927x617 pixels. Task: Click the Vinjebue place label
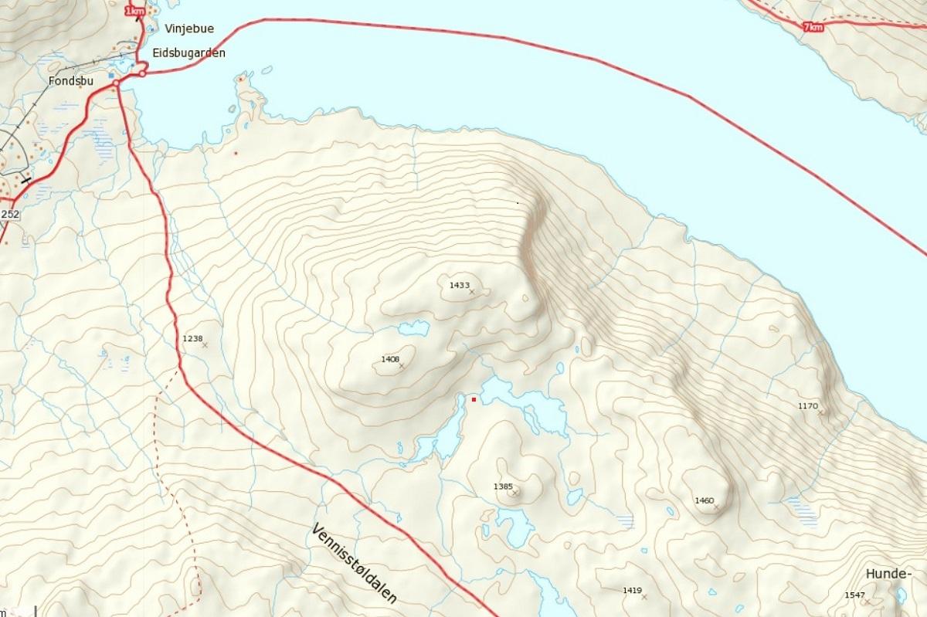click(189, 29)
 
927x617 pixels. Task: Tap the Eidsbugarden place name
click(189, 53)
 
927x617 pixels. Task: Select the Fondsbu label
click(70, 79)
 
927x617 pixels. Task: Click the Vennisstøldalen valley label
click(355, 564)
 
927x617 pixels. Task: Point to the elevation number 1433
click(459, 285)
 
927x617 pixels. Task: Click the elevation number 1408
click(390, 359)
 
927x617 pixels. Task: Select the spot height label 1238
click(192, 338)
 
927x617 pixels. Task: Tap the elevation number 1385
click(502, 486)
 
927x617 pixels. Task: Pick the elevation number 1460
click(704, 500)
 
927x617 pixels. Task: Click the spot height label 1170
click(807, 405)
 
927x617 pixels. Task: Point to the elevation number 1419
click(632, 590)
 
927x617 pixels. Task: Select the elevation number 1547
click(854, 595)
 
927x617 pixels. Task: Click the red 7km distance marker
click(813, 27)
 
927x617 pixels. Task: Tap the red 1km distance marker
click(134, 11)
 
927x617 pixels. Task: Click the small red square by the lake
click(474, 399)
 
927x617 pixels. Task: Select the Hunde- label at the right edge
click(888, 574)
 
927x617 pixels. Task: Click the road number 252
click(9, 214)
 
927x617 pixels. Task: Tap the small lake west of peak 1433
click(414, 328)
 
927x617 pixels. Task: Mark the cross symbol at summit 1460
click(716, 507)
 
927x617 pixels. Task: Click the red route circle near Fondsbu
click(116, 83)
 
